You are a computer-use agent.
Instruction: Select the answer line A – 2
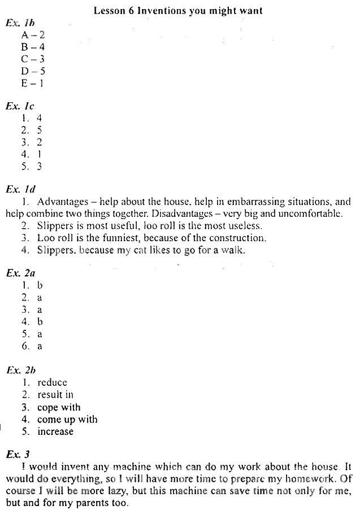(x=33, y=35)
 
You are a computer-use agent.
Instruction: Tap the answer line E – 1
(x=33, y=83)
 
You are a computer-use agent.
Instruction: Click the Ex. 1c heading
(x=20, y=106)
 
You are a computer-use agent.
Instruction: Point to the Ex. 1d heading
(x=20, y=189)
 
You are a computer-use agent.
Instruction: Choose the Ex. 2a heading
(x=20, y=273)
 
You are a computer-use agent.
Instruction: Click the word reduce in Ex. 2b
(x=52, y=382)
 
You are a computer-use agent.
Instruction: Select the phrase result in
(x=55, y=395)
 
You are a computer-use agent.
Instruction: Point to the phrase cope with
(x=59, y=407)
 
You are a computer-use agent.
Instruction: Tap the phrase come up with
(x=67, y=420)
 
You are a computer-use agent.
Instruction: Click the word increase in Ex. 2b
(x=55, y=432)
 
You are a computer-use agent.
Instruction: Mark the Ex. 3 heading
(x=18, y=454)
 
